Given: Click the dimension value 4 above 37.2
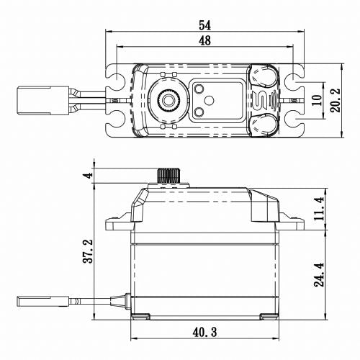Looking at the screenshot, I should pos(86,176).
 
